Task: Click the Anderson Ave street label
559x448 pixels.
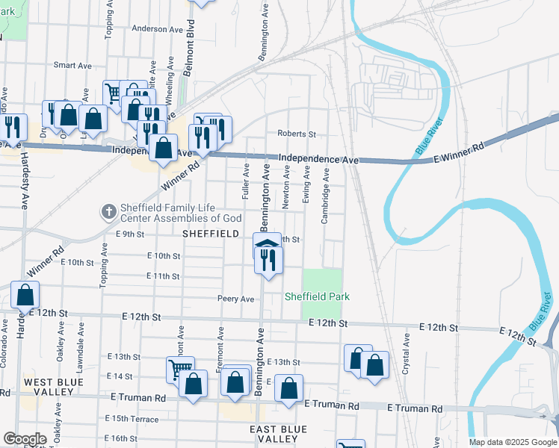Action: click(157, 29)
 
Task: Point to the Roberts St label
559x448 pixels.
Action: click(297, 134)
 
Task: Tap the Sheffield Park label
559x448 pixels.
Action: click(317, 296)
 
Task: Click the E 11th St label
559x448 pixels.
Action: click(164, 276)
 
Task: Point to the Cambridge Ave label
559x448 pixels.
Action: click(325, 196)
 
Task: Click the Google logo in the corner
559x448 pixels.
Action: click(25, 439)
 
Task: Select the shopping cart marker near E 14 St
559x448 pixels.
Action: click(179, 367)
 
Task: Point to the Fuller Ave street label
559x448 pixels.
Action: click(246, 183)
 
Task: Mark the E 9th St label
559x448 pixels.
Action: click(129, 234)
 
